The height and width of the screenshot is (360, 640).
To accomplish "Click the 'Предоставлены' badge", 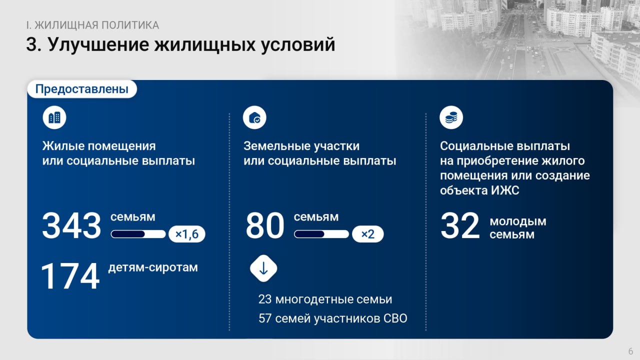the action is pos(82,89).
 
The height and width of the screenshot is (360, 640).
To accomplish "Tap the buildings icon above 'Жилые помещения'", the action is pos(54,117).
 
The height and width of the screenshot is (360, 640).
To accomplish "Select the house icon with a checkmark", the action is pos(254,117).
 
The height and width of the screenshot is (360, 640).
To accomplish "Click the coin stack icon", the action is pos(451,117).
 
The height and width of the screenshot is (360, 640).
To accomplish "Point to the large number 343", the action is pos(71,225).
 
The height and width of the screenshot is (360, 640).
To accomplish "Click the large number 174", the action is pos(70,276).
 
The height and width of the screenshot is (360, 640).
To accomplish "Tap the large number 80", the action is pos(265,225).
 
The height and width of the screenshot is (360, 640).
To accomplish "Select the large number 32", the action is pos(460,225).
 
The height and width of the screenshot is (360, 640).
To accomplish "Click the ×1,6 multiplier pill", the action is pos(187,234).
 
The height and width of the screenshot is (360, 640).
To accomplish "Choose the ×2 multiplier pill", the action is pos(367,234).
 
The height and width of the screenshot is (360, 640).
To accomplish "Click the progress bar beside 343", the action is pos(138,234).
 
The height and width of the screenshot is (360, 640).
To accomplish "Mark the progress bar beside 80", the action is pos(321,234).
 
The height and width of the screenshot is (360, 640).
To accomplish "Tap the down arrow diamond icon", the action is pos(263,268).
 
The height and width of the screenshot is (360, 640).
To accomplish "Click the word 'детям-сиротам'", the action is pos(153,267).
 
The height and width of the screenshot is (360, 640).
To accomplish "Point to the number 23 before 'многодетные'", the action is pos(265,299).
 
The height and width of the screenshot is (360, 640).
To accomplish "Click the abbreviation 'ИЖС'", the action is pos(505,190).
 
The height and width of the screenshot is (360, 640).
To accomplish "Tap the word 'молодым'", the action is pos(518,221).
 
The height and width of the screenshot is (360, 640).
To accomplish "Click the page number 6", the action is pos(631,351).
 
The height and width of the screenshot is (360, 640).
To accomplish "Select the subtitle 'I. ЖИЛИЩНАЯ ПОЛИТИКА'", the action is pos(92,25).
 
